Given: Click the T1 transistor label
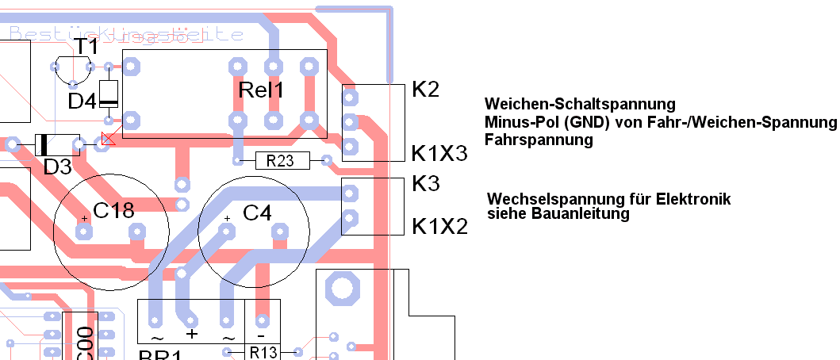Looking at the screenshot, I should click(x=86, y=47).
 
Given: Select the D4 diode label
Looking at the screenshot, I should click(x=82, y=101).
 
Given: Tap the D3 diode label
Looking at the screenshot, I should click(x=57, y=167).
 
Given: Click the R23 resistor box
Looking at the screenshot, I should click(x=280, y=161).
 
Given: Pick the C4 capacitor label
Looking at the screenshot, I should click(x=257, y=213).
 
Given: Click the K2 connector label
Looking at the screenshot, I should click(x=426, y=90).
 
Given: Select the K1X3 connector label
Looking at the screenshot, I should click(x=439, y=153).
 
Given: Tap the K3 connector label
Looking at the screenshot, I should click(x=426, y=184).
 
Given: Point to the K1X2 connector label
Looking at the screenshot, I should click(x=439, y=227).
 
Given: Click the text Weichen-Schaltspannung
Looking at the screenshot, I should click(x=580, y=105).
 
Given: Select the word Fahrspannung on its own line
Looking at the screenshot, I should click(x=539, y=140).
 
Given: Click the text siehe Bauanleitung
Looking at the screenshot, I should click(x=558, y=213).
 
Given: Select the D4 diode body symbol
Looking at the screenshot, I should click(x=108, y=94).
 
